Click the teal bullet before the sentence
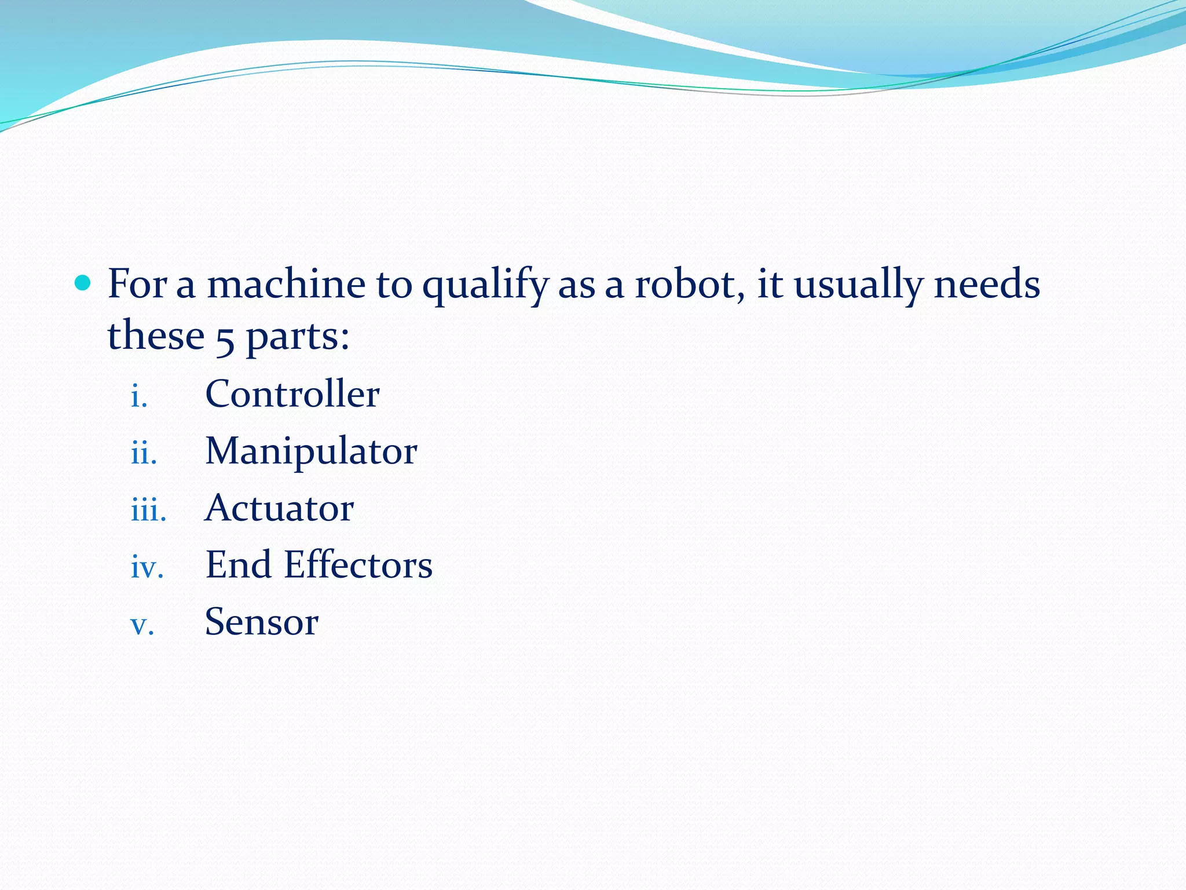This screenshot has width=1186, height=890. pyautogui.click(x=83, y=283)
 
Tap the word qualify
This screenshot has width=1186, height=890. pyautogui.click(x=485, y=286)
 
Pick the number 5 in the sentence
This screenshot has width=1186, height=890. pyautogui.click(x=225, y=338)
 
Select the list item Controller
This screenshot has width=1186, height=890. pyautogui.click(x=292, y=394)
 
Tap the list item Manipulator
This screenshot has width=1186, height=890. pyautogui.click(x=311, y=451)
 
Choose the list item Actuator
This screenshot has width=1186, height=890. pyautogui.click(x=279, y=508)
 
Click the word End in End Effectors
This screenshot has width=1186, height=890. pyautogui.click(x=238, y=565)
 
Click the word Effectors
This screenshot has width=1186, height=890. pyautogui.click(x=358, y=565)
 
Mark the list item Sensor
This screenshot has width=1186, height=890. pyautogui.click(x=261, y=622)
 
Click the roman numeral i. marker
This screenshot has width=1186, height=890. pyautogui.click(x=138, y=397)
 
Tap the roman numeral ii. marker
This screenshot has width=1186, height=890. pyautogui.click(x=144, y=454)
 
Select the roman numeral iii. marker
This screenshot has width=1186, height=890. pyautogui.click(x=148, y=510)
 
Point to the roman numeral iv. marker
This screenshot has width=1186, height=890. pyautogui.click(x=147, y=568)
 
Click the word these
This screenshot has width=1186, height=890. pyautogui.click(x=156, y=335)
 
